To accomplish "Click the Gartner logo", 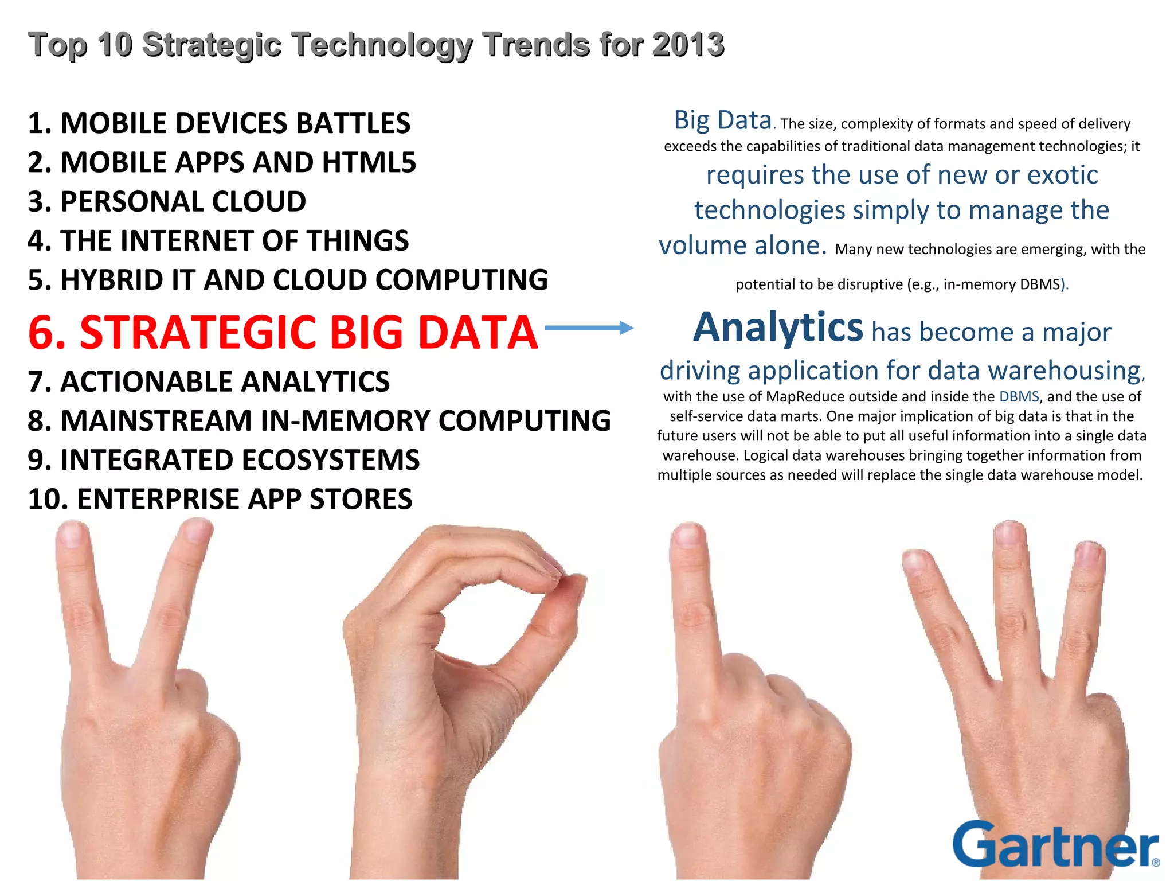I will point(1055,845).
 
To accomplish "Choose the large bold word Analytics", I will point(778,328).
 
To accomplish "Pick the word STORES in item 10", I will point(361,499).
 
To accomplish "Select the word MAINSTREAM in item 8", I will point(156,421).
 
